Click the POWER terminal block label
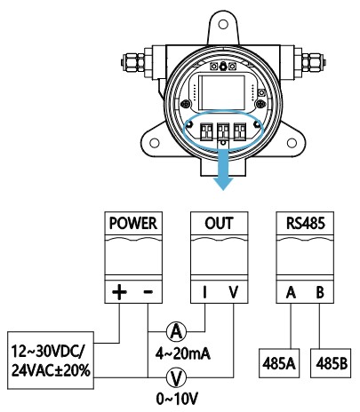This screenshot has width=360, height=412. point(133,224)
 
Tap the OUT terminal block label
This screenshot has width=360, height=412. point(219,224)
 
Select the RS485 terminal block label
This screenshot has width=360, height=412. point(305,224)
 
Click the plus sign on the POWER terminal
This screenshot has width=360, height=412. point(119,292)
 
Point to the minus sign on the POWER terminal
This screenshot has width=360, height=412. point(148,292)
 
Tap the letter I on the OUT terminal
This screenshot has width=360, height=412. point(204,292)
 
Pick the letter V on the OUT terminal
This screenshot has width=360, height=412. point(234,292)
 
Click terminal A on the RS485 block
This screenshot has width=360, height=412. point(291,292)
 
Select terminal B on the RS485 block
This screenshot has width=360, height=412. point(320,292)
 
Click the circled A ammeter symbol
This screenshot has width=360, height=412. point(177,331)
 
